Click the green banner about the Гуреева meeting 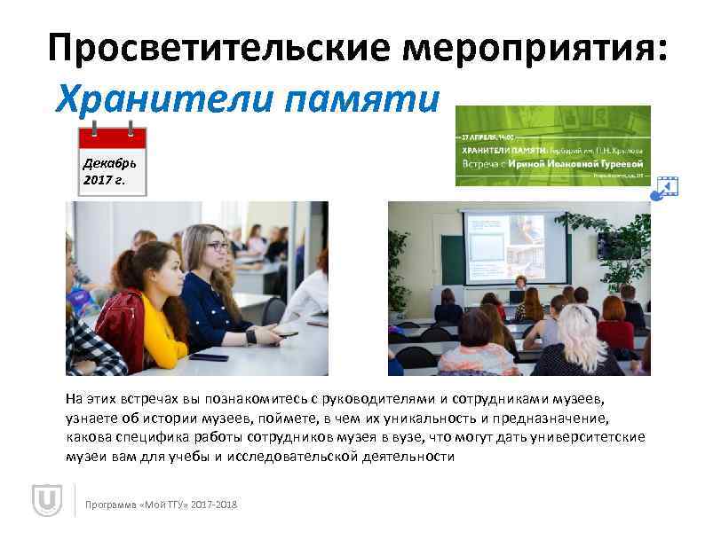(x=552, y=145)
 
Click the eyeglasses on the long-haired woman (x=218, y=246)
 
